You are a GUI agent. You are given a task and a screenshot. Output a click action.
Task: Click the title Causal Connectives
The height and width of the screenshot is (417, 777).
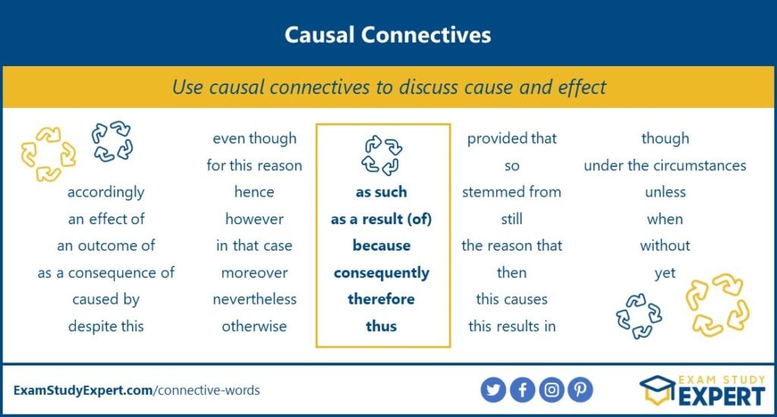click(388, 35)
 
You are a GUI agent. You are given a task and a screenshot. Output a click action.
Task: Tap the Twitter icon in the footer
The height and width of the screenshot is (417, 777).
click(493, 390)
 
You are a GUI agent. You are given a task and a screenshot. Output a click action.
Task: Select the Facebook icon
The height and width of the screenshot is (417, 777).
click(522, 390)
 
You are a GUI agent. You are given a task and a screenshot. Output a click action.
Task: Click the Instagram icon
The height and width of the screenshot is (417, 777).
click(552, 390)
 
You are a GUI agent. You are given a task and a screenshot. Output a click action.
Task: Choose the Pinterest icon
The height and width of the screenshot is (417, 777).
click(580, 390)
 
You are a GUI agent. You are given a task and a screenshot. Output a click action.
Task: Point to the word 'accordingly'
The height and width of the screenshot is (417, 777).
click(106, 192)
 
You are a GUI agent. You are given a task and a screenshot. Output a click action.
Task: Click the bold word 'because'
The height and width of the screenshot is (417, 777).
click(382, 245)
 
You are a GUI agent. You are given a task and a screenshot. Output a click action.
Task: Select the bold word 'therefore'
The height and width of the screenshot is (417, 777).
click(381, 299)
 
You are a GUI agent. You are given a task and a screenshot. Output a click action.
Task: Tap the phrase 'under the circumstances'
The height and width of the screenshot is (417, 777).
click(665, 165)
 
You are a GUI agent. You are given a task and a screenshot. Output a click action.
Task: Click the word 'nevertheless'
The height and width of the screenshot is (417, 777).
click(255, 299)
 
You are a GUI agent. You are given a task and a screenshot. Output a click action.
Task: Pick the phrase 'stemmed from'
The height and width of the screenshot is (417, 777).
click(512, 192)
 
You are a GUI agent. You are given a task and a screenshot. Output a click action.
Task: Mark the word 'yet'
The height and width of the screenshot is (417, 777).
click(665, 273)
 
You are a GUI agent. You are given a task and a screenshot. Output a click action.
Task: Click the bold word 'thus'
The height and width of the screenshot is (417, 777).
click(381, 326)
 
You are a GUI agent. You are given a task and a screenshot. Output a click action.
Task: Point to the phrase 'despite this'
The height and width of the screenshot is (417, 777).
click(106, 327)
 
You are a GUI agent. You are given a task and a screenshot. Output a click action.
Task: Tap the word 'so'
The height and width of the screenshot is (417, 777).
click(512, 166)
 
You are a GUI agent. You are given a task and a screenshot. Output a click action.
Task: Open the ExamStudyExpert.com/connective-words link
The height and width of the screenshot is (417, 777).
click(137, 390)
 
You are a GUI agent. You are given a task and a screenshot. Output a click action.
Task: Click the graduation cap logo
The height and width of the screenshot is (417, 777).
click(658, 390)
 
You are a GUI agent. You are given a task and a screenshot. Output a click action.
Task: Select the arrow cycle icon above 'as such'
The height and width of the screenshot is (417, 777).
click(382, 155)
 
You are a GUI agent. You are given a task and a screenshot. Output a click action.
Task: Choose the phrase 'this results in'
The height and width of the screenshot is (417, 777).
click(512, 327)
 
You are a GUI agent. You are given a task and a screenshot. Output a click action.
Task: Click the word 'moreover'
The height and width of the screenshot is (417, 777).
click(255, 273)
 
